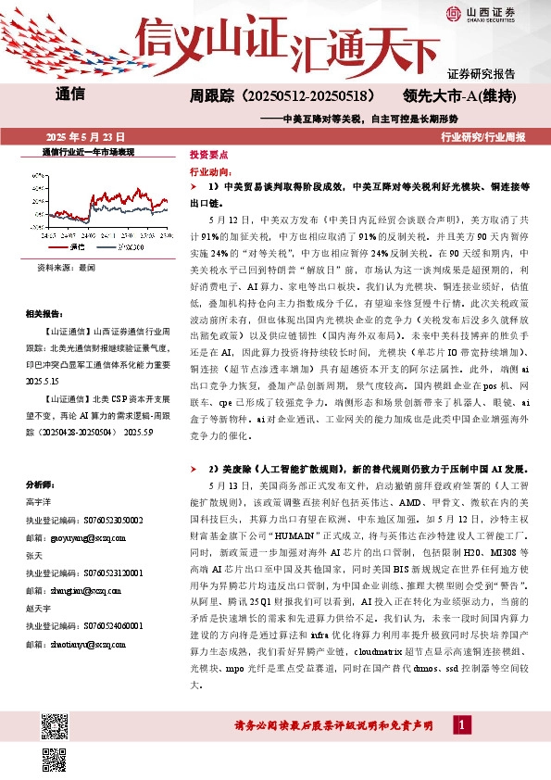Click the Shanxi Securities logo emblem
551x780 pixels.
(455, 12)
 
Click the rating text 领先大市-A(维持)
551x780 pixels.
(459, 95)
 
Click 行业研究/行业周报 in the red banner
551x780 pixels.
(483, 136)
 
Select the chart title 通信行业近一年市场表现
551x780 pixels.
(89, 151)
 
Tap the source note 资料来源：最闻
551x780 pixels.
(66, 266)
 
